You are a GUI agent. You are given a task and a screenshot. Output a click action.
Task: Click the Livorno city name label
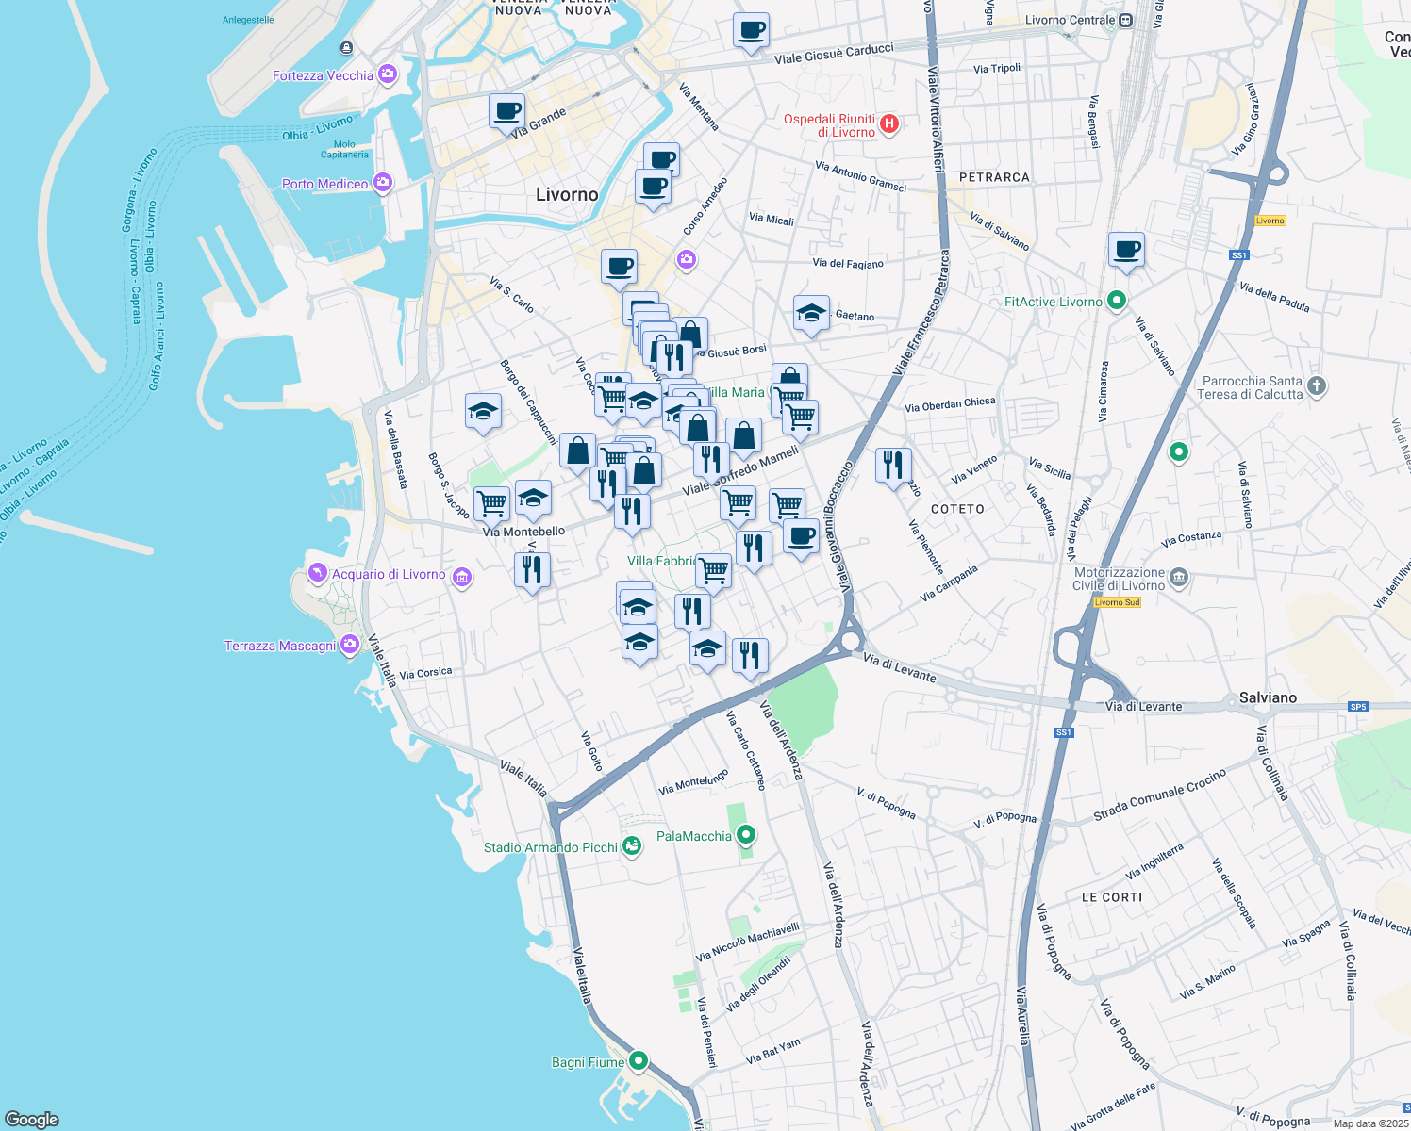tap(567, 194)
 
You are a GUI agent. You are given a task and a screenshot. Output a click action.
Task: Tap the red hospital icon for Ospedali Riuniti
tap(888, 123)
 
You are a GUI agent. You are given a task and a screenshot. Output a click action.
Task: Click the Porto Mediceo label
tap(324, 184)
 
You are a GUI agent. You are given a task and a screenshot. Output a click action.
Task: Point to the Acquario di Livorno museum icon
tap(462, 577)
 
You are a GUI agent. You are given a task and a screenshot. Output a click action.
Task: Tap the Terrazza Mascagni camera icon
tap(350, 645)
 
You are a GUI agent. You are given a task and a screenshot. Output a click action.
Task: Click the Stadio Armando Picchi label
tap(551, 847)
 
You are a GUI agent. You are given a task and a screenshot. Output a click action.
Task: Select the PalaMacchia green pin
tap(746, 835)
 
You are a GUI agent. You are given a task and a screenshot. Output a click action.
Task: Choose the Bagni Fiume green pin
tap(639, 1061)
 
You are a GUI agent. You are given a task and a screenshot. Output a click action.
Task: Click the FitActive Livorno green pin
tap(1117, 301)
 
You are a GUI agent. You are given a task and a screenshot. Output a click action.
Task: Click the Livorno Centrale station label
tap(1071, 20)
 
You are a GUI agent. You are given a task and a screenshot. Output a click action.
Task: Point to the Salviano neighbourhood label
tap(1268, 697)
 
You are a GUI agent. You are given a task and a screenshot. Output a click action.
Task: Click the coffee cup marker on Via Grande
tap(506, 111)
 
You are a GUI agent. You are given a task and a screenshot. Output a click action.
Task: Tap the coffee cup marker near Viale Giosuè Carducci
tap(751, 31)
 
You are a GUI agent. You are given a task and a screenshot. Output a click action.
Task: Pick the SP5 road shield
tap(1358, 707)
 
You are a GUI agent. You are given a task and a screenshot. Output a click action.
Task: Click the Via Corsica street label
tap(425, 673)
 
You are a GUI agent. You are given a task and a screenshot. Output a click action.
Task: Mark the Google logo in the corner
tap(32, 1119)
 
